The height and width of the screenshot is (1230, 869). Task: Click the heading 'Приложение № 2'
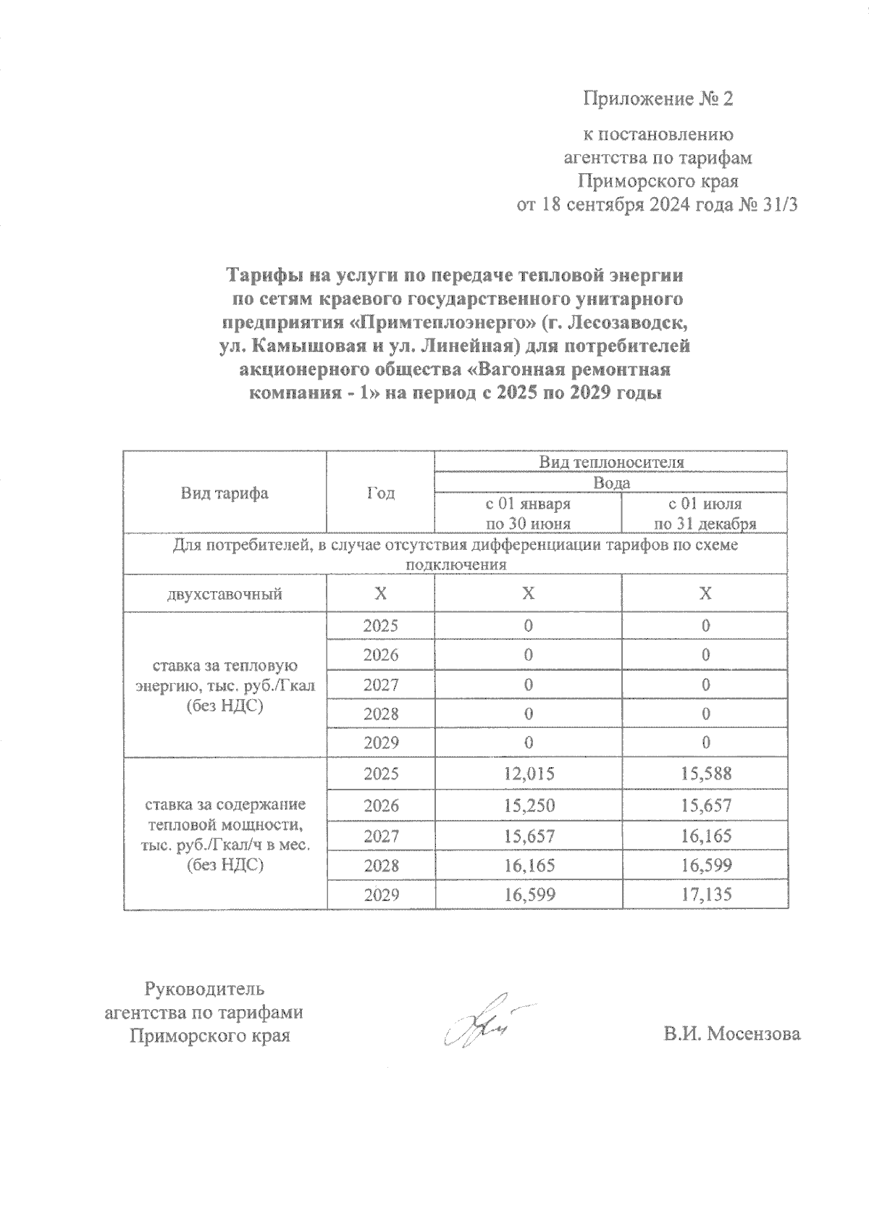pos(658,99)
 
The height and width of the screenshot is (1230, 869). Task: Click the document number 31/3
pos(778,205)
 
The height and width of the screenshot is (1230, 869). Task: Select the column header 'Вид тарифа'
pos(224,493)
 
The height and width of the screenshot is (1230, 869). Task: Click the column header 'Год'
pos(380,493)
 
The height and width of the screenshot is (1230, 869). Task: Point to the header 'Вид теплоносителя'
pos(610,461)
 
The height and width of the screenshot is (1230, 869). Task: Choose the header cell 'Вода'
pos(611,482)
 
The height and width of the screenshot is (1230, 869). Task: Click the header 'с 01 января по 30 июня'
pos(527,514)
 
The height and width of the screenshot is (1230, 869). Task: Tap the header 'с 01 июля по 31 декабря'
pos(705,514)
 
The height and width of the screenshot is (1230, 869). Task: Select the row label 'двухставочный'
pos(224,595)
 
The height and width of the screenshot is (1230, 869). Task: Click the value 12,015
pos(529,774)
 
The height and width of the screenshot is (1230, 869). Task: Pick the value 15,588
pos(705,774)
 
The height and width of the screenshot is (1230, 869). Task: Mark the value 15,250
pos(529,805)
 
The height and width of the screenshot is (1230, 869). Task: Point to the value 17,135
pos(705,895)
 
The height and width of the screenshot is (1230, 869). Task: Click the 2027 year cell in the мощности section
pos(381,836)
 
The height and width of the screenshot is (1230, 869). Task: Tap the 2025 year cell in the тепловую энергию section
pos(381,625)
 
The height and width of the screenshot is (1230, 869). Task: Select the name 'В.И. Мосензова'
pos(732,1034)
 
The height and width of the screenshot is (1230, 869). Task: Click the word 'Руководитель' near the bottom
pos(205,989)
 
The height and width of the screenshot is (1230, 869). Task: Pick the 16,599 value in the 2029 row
pos(529,895)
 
